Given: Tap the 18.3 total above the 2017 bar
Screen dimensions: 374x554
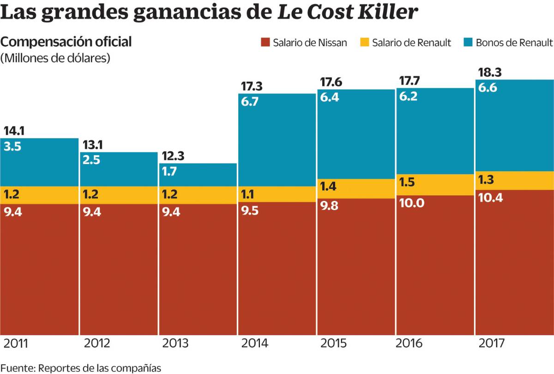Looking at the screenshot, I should pos(490,72).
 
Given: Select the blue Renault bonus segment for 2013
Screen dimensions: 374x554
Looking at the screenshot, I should pos(198,175).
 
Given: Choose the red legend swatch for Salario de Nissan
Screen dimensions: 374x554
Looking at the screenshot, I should pos(265,43).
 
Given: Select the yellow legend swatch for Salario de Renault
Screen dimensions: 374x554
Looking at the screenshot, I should pos(365,43).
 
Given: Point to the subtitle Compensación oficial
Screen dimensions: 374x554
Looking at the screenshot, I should pos(66,42).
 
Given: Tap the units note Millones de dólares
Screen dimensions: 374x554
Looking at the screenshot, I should pos(55,58).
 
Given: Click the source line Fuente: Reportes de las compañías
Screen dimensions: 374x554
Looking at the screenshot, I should pos(81,368).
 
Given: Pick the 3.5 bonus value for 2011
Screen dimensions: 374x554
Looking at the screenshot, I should pos(13,147).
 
